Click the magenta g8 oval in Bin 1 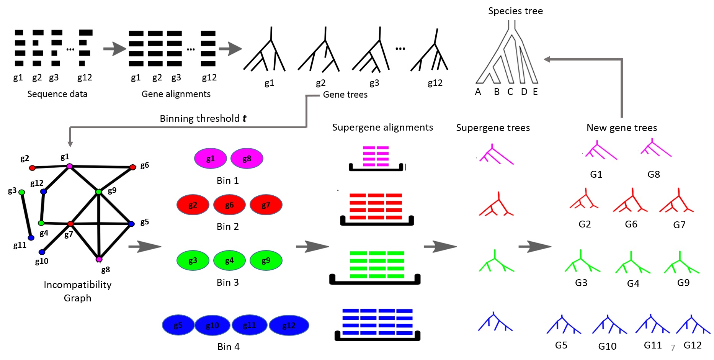[247, 159]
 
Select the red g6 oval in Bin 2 [229, 205]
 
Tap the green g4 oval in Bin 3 [229, 260]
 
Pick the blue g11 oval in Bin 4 [249, 325]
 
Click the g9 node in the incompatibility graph [99, 191]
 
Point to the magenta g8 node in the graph [99, 259]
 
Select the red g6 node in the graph [132, 167]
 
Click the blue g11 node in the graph [31, 238]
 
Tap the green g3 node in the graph [22, 192]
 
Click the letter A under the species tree [478, 92]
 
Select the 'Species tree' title [515, 11]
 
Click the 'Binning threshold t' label [203, 118]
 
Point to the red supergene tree [497, 205]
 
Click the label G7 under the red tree [679, 225]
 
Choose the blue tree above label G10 [609, 325]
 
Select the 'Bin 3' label [227, 283]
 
